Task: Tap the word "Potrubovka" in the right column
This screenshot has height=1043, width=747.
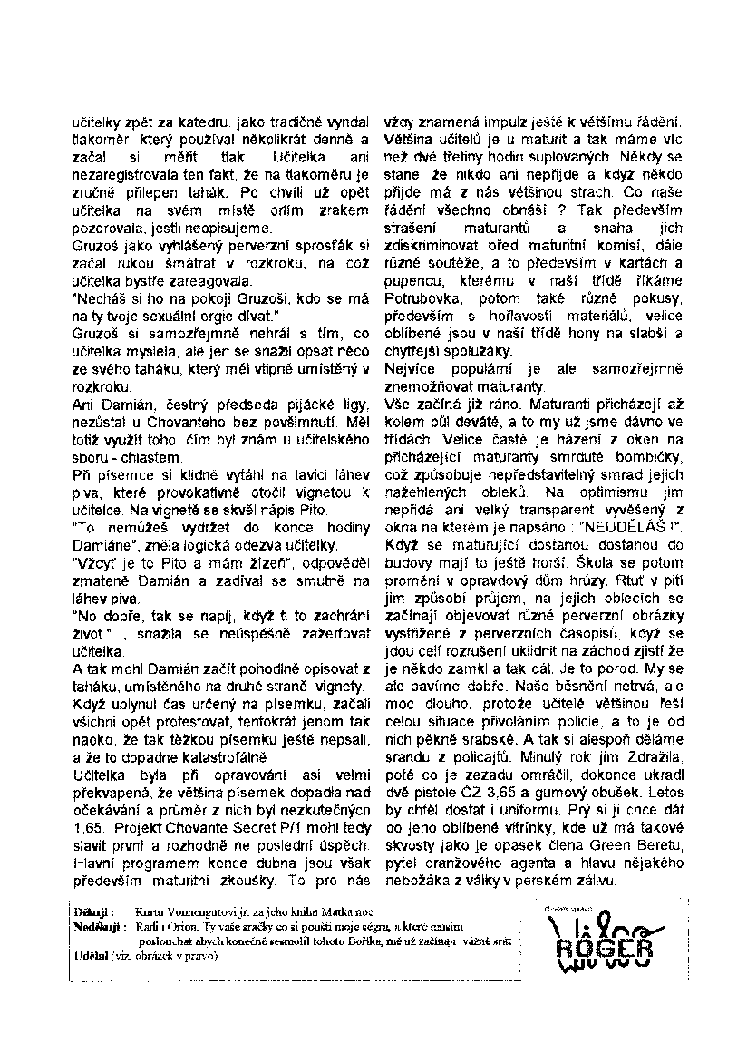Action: click(422, 297)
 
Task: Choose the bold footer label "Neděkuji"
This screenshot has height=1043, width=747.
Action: click(99, 926)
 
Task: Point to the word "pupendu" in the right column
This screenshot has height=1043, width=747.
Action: click(413, 280)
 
